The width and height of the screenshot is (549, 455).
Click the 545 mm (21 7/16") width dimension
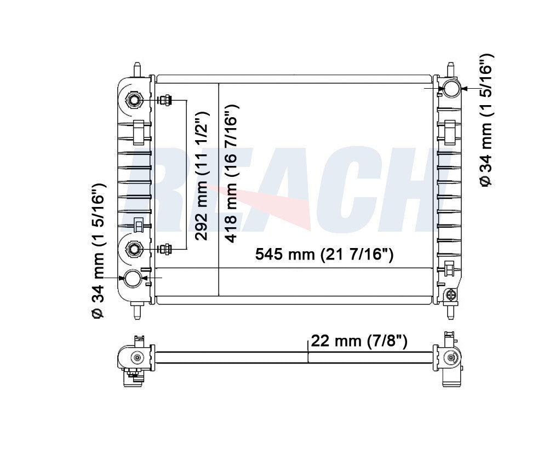tap(324, 254)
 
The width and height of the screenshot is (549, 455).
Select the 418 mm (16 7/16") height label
tap(231, 174)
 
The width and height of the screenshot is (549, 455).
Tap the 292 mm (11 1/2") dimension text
tap(202, 176)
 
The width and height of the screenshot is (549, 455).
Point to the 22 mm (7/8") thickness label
tap(359, 341)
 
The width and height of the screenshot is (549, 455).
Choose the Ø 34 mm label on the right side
tap(485, 120)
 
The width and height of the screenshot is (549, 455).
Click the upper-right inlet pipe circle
tap(452, 88)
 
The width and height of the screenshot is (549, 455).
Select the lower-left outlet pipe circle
tap(133, 279)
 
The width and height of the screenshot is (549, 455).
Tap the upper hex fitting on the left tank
tap(133, 100)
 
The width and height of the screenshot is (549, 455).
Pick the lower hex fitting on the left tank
tap(133, 249)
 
